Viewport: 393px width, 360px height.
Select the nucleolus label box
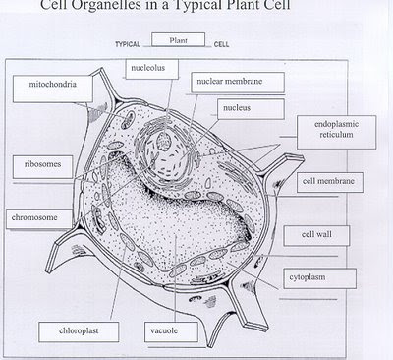(149, 69)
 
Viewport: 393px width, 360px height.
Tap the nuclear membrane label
(226, 82)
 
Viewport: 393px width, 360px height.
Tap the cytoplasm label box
(313, 278)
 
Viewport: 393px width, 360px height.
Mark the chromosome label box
(32, 215)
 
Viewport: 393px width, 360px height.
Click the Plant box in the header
(178, 41)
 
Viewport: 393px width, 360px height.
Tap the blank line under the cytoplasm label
(317, 296)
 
